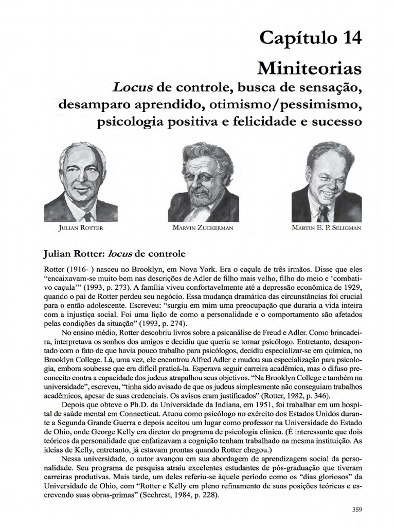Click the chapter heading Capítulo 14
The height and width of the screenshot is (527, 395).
click(x=317, y=39)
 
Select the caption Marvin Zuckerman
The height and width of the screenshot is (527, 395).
click(x=204, y=227)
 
